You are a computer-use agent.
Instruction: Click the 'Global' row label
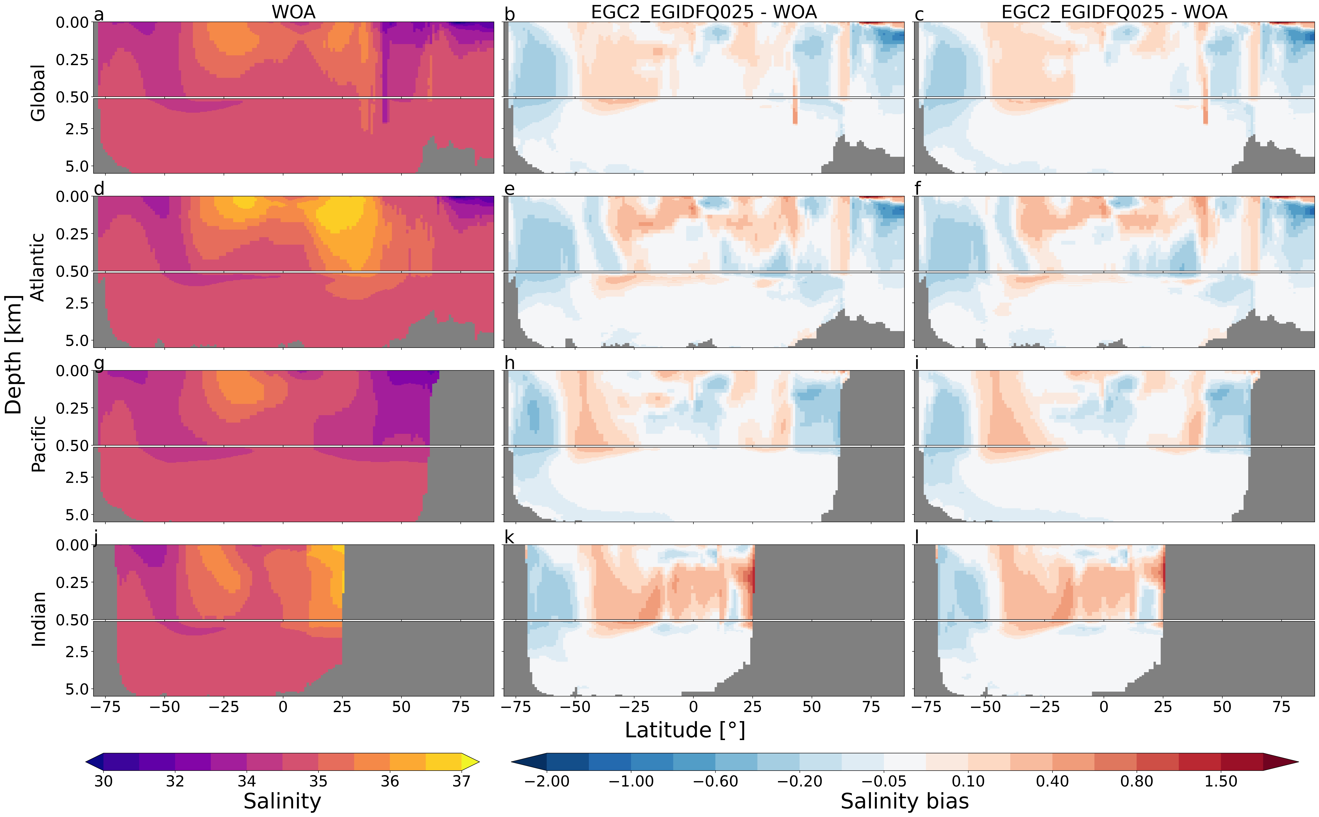38,93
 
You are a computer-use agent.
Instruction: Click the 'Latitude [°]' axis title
685,730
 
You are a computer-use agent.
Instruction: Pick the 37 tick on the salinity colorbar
461,781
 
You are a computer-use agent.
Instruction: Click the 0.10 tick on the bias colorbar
968,781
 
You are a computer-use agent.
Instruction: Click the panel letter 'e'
509,189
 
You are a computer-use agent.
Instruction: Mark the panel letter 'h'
509,363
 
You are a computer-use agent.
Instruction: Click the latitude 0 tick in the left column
283,707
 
